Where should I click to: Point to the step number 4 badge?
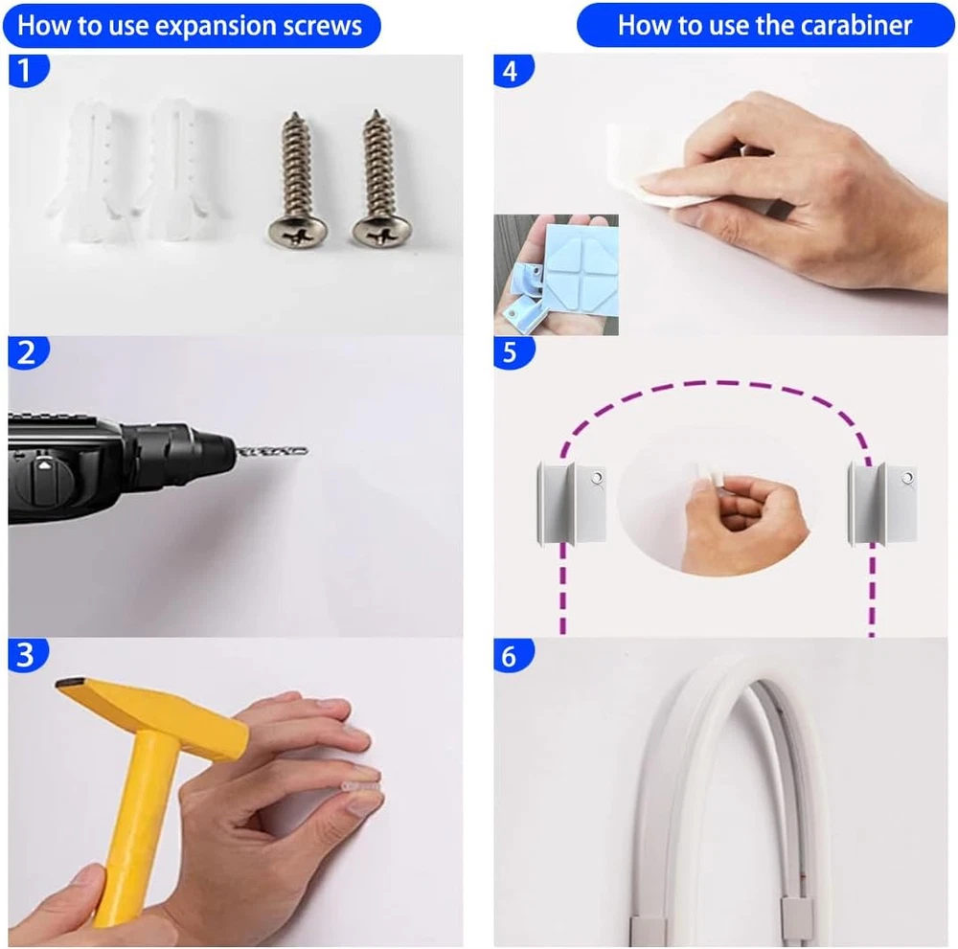513,70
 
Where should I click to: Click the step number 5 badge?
513,352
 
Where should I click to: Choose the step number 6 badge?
513,656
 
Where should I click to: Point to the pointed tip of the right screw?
376,111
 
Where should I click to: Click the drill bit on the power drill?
272,452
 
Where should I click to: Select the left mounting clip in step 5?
571,504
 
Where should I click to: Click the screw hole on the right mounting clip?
907,477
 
